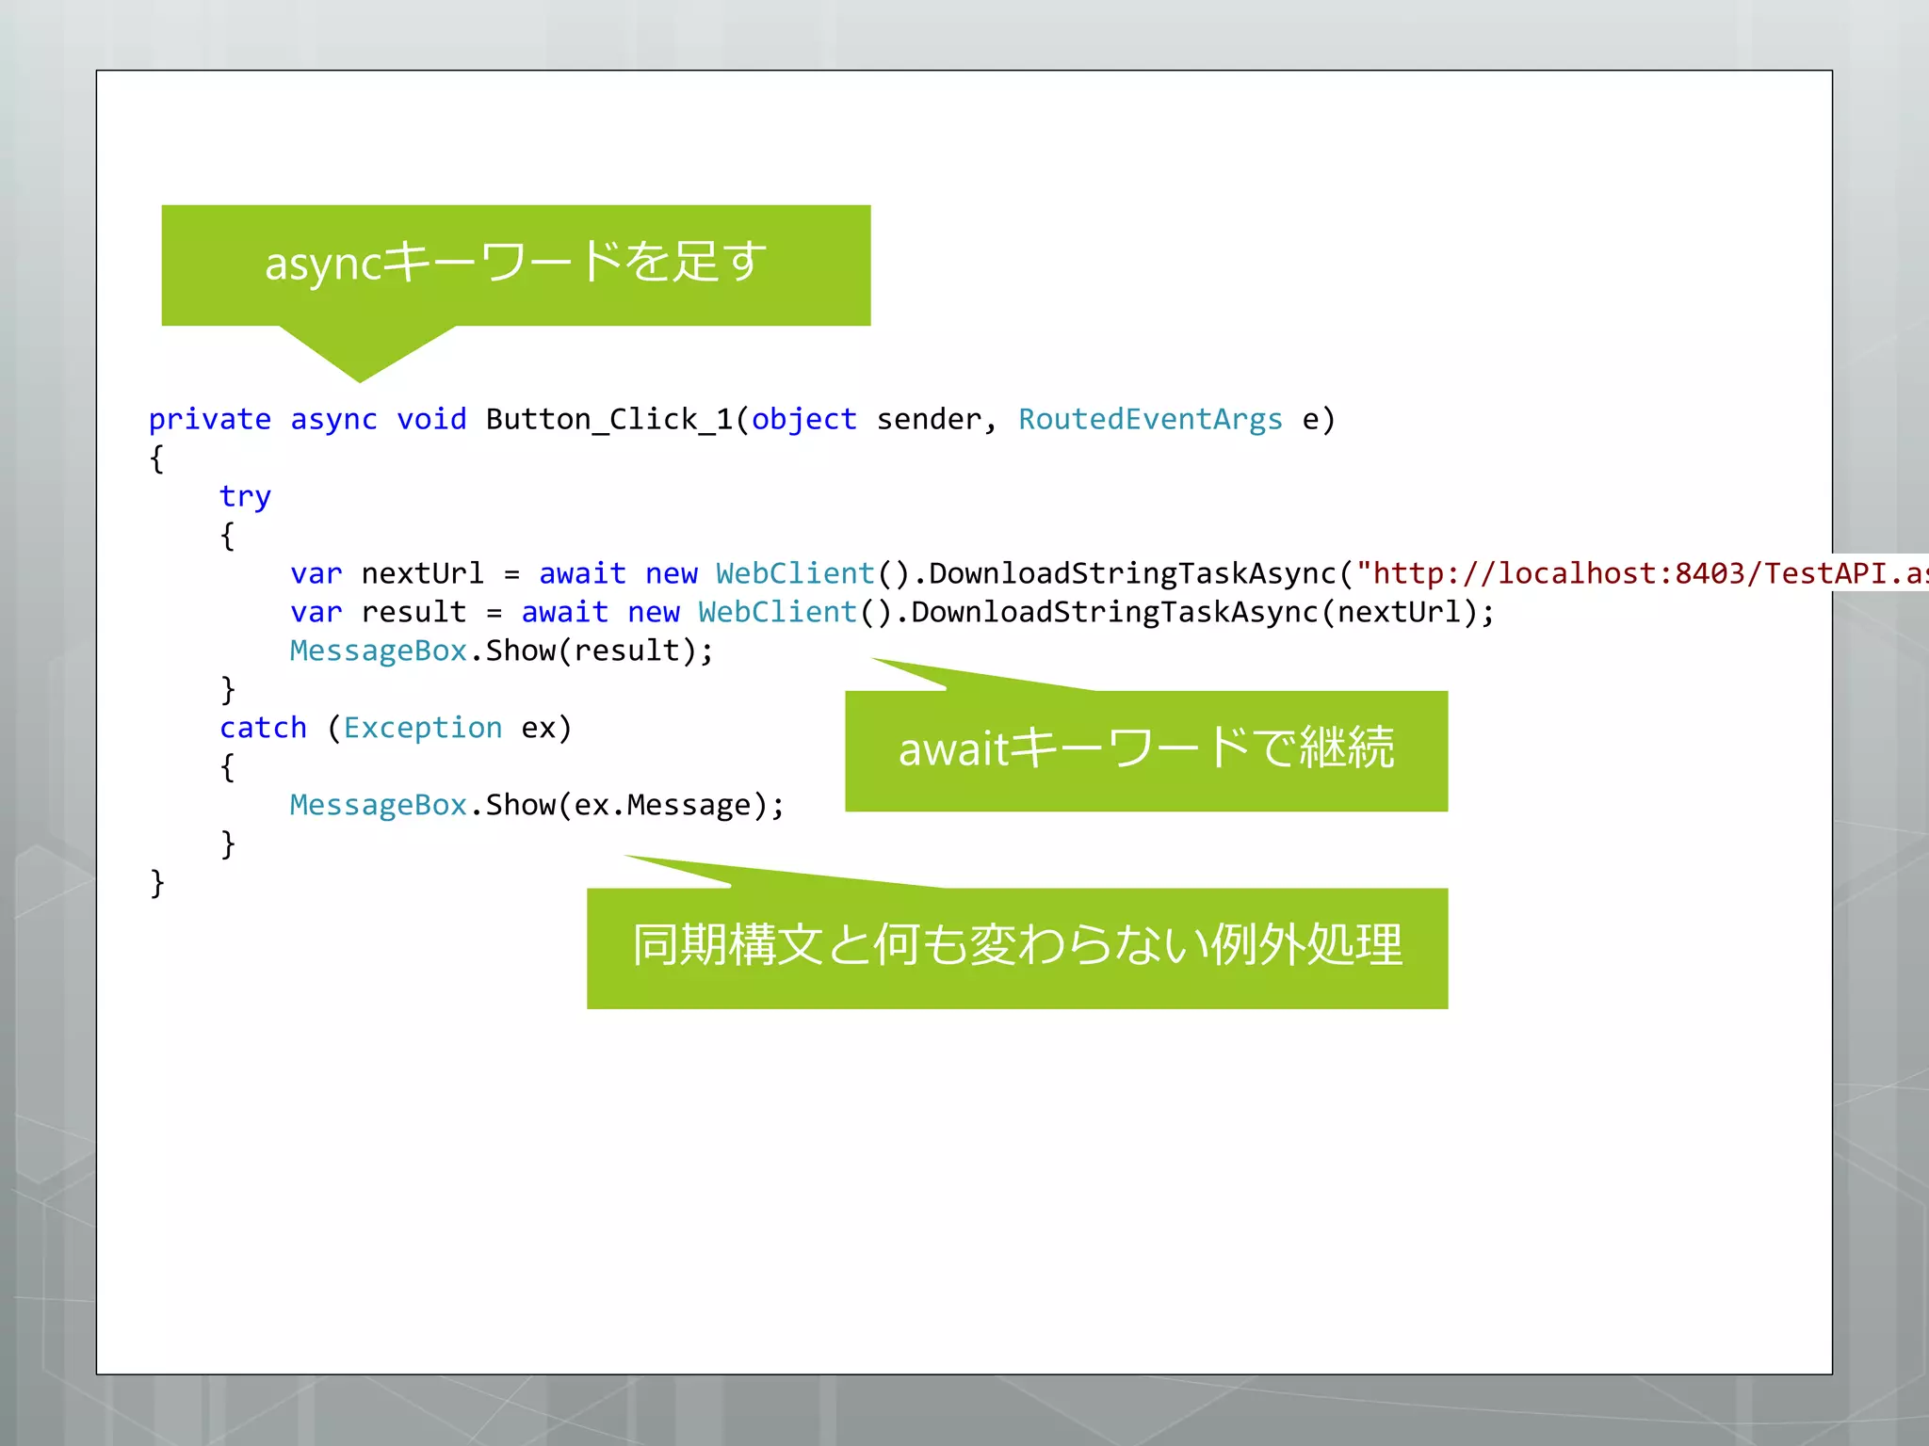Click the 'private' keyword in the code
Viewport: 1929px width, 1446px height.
coord(209,419)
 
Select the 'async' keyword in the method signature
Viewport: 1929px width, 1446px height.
coord(333,419)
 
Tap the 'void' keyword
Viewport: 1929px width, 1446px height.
coord(431,419)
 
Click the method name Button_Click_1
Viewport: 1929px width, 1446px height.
coord(608,419)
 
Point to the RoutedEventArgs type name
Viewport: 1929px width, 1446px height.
coord(1150,419)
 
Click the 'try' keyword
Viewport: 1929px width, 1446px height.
coord(245,496)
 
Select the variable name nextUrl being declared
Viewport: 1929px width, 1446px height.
coord(422,573)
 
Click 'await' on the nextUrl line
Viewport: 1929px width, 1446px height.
coord(582,573)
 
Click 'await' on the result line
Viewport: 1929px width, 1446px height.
coord(564,612)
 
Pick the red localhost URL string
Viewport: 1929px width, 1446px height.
coord(1639,573)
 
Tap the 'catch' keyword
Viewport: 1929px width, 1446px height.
coord(263,728)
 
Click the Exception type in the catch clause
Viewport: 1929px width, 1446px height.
coord(423,728)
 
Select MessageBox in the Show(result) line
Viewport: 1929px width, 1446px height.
coord(378,651)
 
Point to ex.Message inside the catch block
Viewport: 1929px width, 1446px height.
coord(662,805)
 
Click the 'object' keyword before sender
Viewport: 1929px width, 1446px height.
coord(803,419)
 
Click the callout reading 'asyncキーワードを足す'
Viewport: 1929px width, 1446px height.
coord(515,264)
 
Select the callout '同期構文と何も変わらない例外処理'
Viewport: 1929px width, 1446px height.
coord(1017,946)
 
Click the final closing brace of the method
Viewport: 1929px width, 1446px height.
coord(156,883)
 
